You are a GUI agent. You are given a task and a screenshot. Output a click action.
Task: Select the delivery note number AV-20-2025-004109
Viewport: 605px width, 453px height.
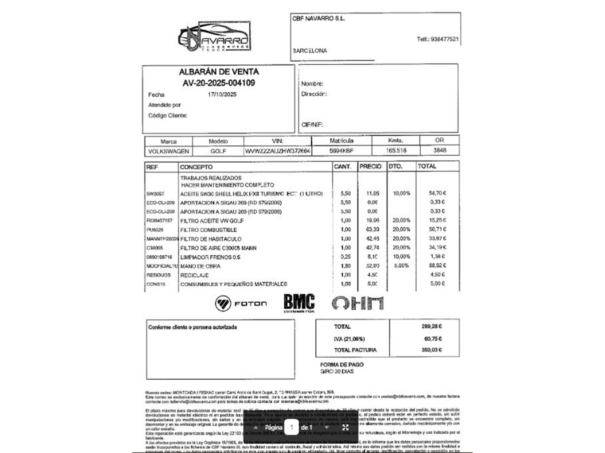point(219,83)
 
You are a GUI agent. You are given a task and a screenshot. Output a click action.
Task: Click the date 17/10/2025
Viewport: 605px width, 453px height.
point(222,95)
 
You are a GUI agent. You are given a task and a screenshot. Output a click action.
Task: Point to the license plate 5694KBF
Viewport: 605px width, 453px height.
point(341,150)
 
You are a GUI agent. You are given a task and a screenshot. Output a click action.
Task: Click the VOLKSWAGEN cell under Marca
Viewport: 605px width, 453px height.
point(168,151)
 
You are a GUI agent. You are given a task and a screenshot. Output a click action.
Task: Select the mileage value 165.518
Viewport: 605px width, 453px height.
point(396,150)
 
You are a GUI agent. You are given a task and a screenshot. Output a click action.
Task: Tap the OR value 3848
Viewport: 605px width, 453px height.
point(440,150)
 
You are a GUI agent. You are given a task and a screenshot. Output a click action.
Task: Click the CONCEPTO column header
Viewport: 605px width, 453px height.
point(196,167)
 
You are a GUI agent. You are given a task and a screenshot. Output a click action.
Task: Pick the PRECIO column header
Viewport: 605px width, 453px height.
point(370,166)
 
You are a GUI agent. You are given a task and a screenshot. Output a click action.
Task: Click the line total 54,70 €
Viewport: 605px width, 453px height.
point(437,193)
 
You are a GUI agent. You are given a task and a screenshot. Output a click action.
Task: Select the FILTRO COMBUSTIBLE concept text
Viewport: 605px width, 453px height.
point(208,230)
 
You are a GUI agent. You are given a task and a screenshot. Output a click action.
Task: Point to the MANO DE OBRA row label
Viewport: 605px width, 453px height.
point(200,266)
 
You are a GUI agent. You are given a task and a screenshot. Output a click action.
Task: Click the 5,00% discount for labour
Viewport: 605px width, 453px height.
point(401,265)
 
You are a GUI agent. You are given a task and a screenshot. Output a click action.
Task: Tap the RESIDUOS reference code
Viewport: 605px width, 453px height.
point(159,275)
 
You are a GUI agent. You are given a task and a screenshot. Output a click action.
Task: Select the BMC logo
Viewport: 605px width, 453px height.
point(299,303)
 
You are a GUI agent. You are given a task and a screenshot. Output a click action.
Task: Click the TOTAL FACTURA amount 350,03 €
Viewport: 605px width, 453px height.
point(431,350)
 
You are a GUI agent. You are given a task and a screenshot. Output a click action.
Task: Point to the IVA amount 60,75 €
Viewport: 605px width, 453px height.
point(433,339)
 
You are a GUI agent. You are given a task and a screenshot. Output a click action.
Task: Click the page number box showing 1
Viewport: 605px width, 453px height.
point(292,427)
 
